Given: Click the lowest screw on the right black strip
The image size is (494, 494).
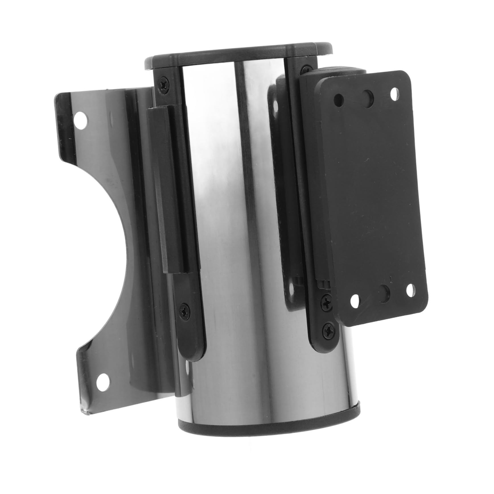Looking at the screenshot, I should pyautogui.click(x=330, y=331).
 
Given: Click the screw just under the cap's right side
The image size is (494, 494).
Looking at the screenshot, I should pyautogui.click(x=307, y=70).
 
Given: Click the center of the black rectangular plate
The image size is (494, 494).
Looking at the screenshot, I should pyautogui.click(x=373, y=196).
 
